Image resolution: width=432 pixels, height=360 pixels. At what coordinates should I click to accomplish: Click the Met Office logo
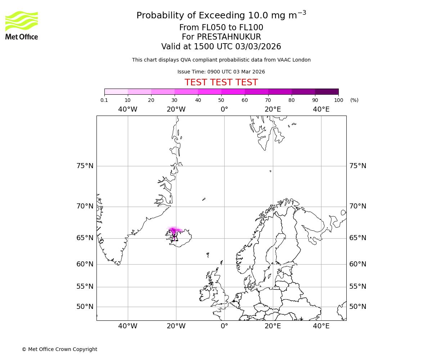(x=22, y=25)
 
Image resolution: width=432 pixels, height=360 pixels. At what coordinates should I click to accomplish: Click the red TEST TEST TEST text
(x=221, y=83)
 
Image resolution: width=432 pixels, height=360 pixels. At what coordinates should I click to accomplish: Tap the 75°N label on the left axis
(x=85, y=166)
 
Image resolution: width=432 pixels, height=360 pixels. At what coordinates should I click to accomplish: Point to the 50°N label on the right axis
(x=357, y=307)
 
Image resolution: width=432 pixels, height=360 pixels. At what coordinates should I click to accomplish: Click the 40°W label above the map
(x=127, y=109)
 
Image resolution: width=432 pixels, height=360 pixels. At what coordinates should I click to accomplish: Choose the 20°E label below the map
(x=273, y=326)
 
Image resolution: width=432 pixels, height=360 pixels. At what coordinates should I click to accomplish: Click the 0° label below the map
(x=224, y=326)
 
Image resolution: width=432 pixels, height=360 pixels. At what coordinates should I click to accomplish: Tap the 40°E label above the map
(x=321, y=109)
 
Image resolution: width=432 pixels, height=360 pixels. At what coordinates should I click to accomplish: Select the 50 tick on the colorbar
(x=221, y=100)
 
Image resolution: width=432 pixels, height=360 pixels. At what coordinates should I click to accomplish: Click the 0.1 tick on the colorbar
(x=104, y=100)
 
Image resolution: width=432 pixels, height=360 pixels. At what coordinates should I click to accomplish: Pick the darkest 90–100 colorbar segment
(x=327, y=91)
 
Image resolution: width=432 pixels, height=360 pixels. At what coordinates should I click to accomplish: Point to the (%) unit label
(x=354, y=100)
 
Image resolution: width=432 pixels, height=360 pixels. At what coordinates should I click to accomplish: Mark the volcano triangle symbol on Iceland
(x=175, y=238)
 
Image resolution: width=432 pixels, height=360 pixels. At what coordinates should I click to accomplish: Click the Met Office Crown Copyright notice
(x=59, y=350)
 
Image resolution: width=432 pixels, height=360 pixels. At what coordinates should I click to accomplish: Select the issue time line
(x=221, y=72)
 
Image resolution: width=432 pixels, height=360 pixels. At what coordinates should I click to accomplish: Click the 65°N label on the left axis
(x=85, y=238)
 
